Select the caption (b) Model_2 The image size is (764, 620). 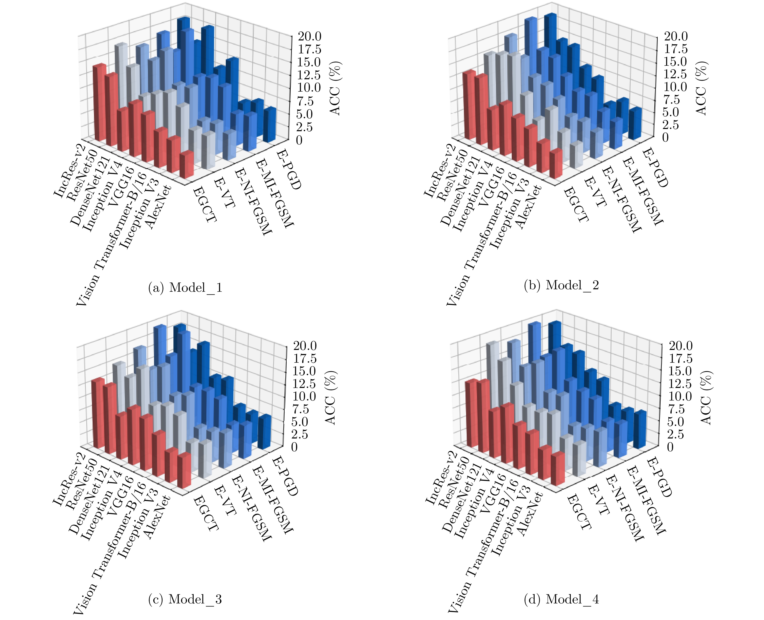click(x=561, y=285)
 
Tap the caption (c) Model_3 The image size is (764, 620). click(x=185, y=599)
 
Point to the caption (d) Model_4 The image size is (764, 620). click(x=561, y=599)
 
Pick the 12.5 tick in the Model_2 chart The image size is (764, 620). click(x=675, y=74)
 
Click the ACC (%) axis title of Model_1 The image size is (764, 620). click(x=335, y=88)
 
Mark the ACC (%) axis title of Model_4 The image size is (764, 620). click(x=706, y=397)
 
